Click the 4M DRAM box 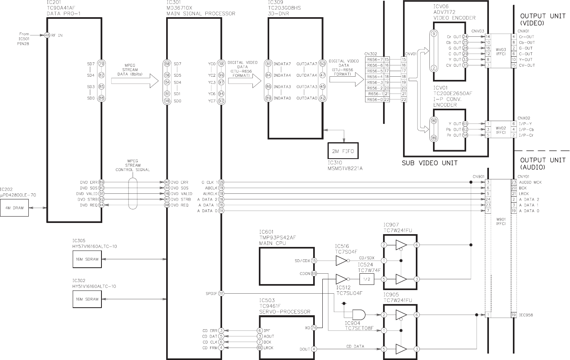tap(14, 208)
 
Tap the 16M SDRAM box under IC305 tap(87, 259)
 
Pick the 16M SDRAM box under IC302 tap(87, 299)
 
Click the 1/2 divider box tap(366, 279)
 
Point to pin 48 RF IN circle tap(47, 35)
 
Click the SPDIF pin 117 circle tap(221, 294)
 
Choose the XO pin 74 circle tap(314, 327)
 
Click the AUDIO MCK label tap(530, 182)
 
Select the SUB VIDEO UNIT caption tap(429, 163)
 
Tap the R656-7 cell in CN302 tap(375, 60)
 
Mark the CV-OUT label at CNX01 tap(526, 66)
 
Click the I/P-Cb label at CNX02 tap(526, 129)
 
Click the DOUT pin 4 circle tap(314, 349)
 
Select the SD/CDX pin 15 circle tap(314, 261)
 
